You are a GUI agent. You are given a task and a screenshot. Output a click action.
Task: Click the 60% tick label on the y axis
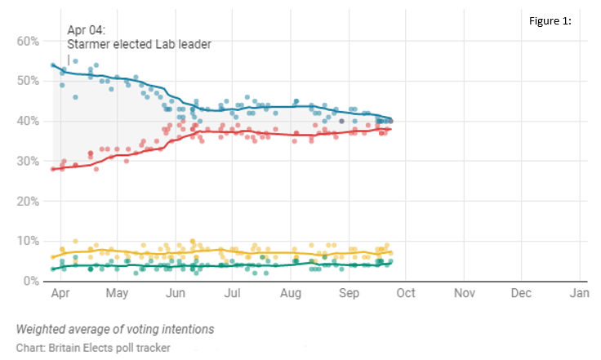click(x=28, y=41)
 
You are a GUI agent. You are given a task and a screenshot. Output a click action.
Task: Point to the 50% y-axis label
click(x=28, y=81)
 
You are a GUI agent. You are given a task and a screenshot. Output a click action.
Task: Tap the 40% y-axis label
click(x=28, y=121)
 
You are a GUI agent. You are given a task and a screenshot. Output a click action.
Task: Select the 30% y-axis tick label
click(x=28, y=161)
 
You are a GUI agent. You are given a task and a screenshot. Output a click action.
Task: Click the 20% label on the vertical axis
click(x=28, y=201)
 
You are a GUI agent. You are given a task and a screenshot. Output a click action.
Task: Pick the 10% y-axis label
click(x=28, y=241)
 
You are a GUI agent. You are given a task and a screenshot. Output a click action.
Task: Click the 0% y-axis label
click(x=31, y=281)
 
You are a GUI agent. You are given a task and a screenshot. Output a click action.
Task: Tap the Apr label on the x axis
click(x=60, y=293)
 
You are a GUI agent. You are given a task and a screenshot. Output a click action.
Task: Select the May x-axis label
click(x=117, y=293)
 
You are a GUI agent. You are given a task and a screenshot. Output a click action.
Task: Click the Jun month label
click(x=176, y=293)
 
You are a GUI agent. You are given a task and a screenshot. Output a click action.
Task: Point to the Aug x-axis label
click(x=291, y=293)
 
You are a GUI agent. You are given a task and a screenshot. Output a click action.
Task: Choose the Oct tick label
click(x=406, y=293)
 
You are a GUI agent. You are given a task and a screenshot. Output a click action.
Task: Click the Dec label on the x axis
click(x=521, y=293)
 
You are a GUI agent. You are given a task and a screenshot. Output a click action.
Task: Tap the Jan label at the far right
click(x=579, y=293)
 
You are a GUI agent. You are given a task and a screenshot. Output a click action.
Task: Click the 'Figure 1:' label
click(x=550, y=21)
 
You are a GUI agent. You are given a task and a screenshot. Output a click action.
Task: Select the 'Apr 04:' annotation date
click(x=87, y=30)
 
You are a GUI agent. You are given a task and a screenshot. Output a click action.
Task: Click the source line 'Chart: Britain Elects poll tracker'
click(x=93, y=348)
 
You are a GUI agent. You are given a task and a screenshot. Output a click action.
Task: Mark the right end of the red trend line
click(x=391, y=129)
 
